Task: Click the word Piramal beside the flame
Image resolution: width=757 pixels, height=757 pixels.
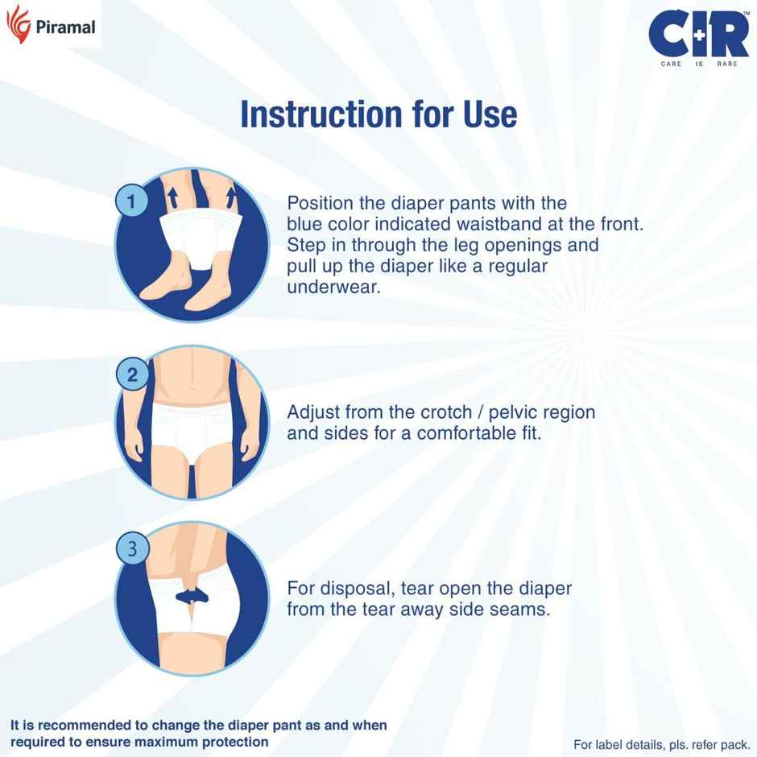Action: [x=65, y=27]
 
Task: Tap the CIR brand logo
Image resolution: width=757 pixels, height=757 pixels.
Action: [x=698, y=33]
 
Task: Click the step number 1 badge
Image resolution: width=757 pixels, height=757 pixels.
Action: [x=132, y=201]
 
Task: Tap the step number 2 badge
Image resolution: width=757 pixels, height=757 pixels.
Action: [x=132, y=374]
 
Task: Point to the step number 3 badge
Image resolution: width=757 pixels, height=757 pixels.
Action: [x=132, y=549]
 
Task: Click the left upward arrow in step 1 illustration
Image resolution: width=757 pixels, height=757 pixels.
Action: [x=171, y=195]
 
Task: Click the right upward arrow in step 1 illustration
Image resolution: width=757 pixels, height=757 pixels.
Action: [x=232, y=195]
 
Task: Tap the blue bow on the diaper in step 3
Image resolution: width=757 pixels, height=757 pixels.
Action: [x=191, y=595]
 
